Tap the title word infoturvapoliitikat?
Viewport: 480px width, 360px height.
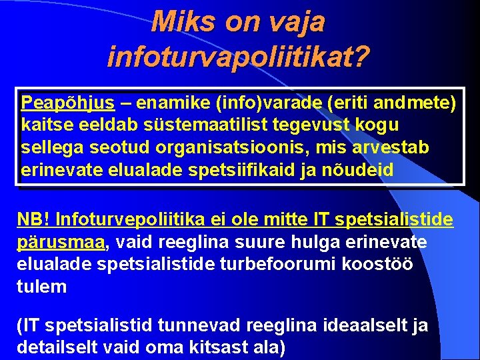(x=238, y=57)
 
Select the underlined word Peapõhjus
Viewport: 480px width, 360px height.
(x=67, y=103)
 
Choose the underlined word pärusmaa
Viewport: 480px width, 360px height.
(x=61, y=241)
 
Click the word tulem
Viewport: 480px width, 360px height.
(x=42, y=287)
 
